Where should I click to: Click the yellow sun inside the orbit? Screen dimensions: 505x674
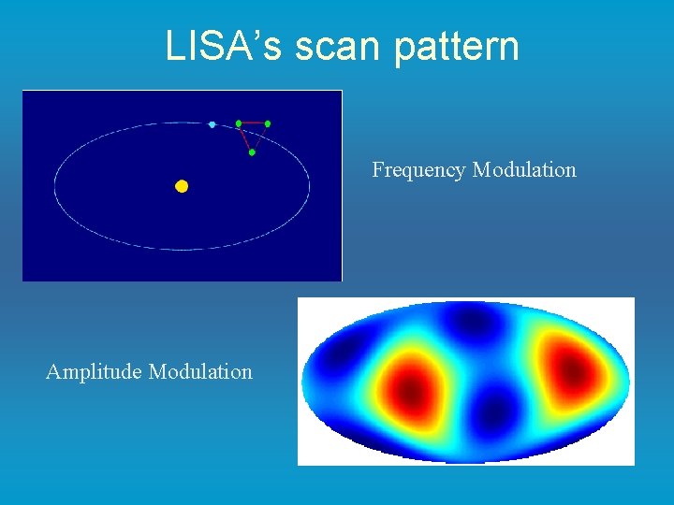(182, 186)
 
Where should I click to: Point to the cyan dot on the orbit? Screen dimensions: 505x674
(212, 124)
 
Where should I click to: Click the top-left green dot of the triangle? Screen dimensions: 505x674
(239, 123)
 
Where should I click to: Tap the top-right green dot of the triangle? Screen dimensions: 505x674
(268, 123)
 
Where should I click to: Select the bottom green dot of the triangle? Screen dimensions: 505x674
(252, 151)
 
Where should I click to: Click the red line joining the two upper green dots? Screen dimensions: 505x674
(253, 123)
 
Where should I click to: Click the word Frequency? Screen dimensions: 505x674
(418, 170)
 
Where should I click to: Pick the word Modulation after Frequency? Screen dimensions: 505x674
(524, 170)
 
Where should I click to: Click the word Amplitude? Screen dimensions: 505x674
(95, 372)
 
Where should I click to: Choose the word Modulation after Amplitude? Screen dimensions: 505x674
(200, 372)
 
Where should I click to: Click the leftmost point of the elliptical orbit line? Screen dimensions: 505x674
(54, 187)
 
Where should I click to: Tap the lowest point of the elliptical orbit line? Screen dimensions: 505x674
(183, 250)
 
